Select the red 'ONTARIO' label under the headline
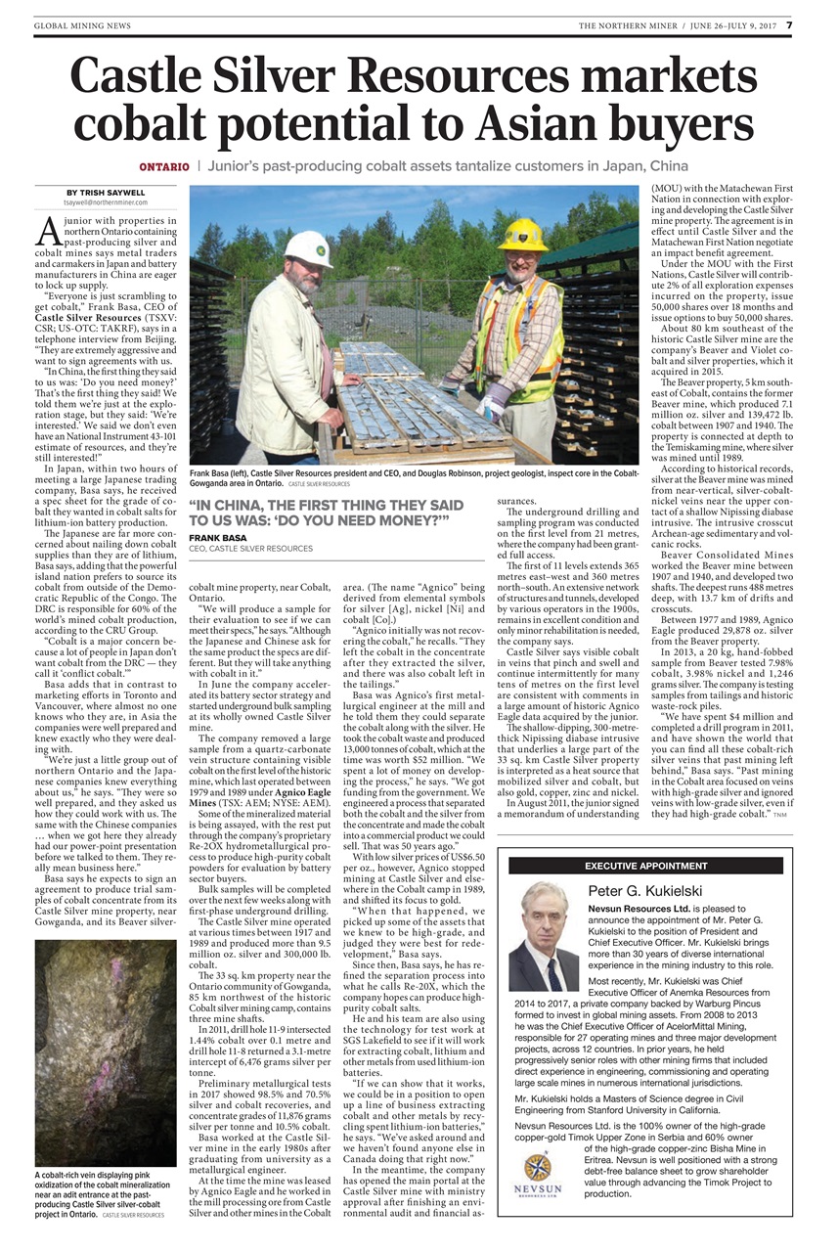(163, 166)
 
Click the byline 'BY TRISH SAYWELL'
(107, 192)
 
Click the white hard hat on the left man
(309, 247)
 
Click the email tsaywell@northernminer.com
(107, 202)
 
